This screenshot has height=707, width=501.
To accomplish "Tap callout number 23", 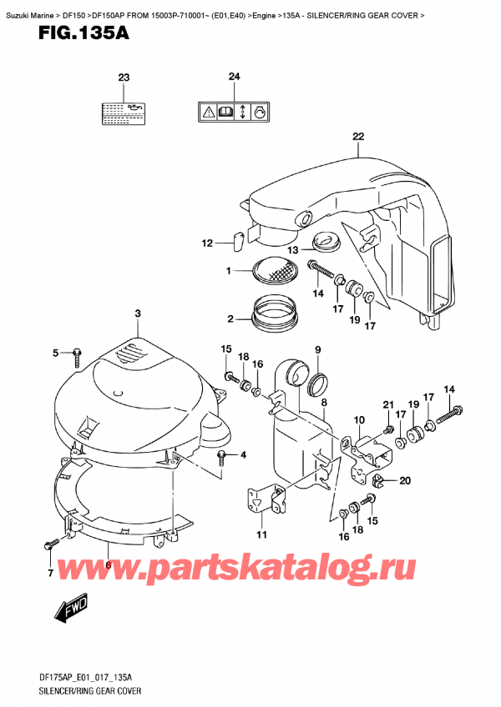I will (124, 78).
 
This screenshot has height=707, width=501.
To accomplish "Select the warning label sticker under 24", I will (234, 112).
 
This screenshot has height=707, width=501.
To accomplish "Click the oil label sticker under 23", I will (124, 112).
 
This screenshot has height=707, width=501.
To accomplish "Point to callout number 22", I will (358, 137).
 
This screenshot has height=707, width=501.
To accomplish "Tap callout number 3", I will (138, 313).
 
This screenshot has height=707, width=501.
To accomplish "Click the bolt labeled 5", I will (77, 355).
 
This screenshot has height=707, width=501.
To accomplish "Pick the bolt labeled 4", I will (223, 455).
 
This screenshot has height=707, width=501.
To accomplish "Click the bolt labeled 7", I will (50, 546).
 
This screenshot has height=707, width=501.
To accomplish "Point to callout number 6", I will (109, 564).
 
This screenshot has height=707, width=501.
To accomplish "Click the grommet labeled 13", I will (326, 242).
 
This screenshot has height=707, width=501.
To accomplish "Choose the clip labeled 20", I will (377, 480).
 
